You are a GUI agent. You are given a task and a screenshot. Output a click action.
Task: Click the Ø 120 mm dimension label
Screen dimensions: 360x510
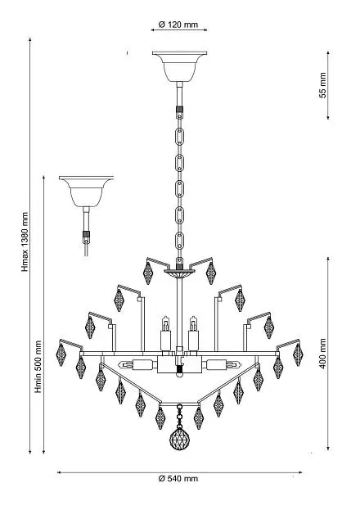178,25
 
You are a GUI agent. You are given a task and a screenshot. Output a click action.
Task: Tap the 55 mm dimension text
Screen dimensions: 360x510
322,85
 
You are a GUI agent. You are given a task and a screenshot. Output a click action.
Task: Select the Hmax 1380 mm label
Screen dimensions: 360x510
25,241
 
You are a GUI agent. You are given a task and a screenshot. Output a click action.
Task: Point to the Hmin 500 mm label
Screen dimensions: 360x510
38,366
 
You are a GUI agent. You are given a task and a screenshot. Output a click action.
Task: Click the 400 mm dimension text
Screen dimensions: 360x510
322,353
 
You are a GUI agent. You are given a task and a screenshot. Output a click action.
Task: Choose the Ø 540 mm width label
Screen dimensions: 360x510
178,478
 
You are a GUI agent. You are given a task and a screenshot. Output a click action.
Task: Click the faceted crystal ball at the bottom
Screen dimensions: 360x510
179,439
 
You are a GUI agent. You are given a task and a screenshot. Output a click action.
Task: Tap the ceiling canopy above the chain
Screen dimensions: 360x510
179,66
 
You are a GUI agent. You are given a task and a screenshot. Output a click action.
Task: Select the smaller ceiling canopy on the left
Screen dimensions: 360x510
86,192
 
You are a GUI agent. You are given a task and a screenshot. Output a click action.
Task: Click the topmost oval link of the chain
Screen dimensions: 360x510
179,137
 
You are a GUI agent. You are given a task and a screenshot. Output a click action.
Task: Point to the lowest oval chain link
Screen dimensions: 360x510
179,241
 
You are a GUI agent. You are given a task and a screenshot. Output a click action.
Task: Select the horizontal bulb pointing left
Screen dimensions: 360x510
137,364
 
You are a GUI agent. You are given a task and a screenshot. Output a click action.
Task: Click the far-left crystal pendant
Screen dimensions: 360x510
61,354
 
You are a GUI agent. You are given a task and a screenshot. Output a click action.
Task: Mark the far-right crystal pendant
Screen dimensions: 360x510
298,354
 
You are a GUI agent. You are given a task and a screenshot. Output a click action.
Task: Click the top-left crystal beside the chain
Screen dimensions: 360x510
148,273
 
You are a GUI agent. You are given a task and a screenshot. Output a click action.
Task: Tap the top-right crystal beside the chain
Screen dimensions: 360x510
211,273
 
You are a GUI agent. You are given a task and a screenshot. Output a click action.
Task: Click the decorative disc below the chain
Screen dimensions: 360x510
179,273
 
